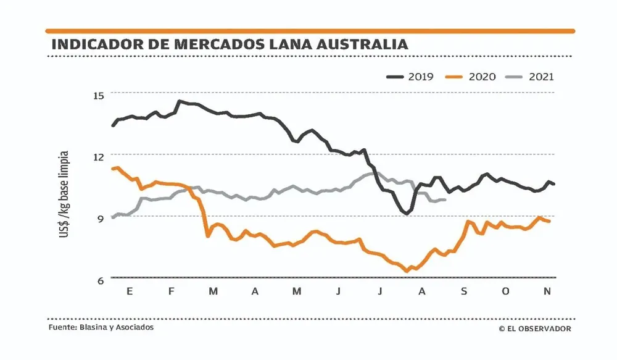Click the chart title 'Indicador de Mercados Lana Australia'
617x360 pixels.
coord(230,44)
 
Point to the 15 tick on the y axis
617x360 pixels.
coord(99,94)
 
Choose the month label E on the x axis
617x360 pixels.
coord(130,291)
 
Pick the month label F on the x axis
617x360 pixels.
coord(171,291)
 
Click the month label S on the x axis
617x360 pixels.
coord(464,291)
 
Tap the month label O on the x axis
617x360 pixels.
coord(505,291)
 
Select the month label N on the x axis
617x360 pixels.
coord(547,291)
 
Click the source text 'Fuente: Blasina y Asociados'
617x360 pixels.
coord(101,327)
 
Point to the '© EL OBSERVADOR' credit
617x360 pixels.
coord(534,329)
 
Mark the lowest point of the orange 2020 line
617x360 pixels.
coord(407,270)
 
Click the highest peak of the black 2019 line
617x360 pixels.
coord(180,101)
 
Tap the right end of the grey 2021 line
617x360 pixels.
coord(445,199)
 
